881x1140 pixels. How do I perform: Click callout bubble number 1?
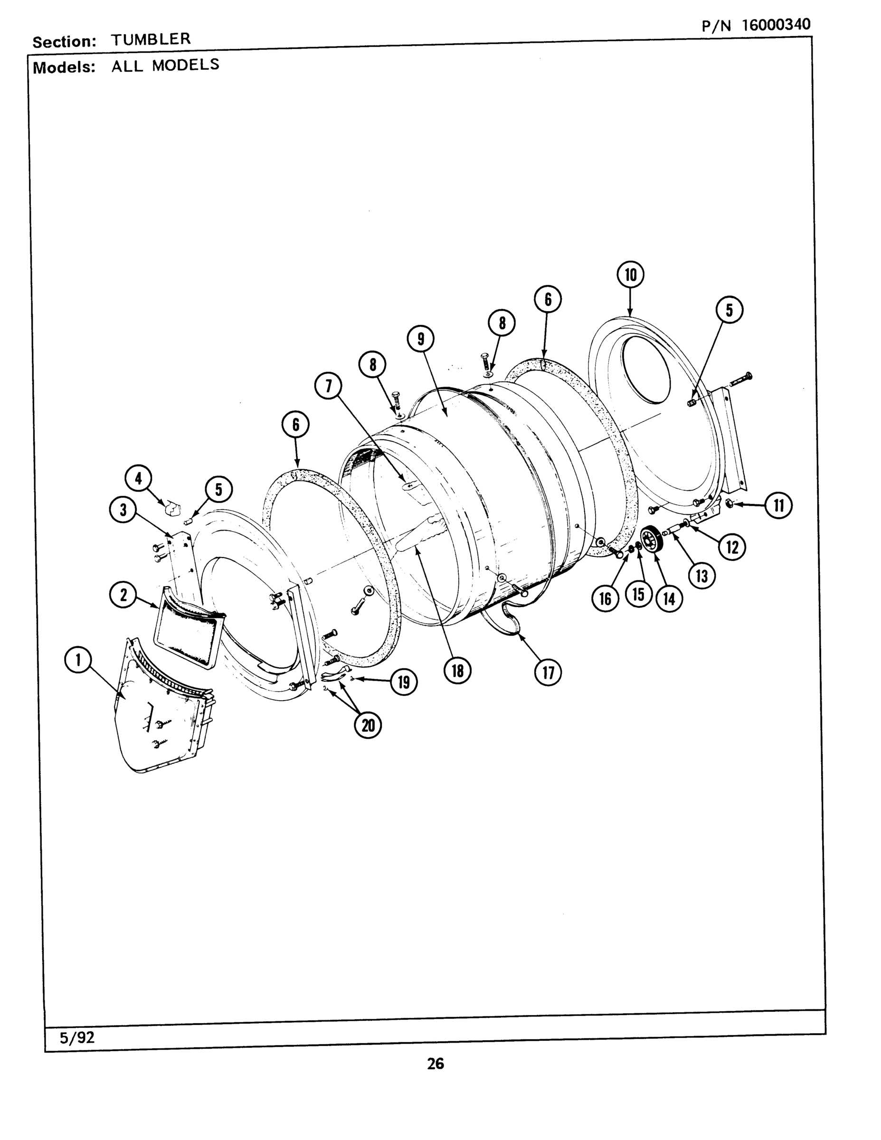pyautogui.click(x=78, y=660)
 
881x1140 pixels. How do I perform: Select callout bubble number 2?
pyautogui.click(x=123, y=595)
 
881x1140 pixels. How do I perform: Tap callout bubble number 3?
pyautogui.click(x=123, y=510)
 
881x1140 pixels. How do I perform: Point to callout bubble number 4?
pyautogui.click(x=138, y=478)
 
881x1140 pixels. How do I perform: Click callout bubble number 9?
pyautogui.click(x=420, y=339)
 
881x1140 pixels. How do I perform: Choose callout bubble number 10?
pyautogui.click(x=631, y=275)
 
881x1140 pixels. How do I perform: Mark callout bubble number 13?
pyautogui.click(x=702, y=576)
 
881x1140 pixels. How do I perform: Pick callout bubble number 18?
pyautogui.click(x=458, y=670)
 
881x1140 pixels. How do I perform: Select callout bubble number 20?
pyautogui.click(x=369, y=725)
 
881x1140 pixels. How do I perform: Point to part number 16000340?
pyautogui.click(x=776, y=25)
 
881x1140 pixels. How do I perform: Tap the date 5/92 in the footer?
pyautogui.click(x=77, y=1038)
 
